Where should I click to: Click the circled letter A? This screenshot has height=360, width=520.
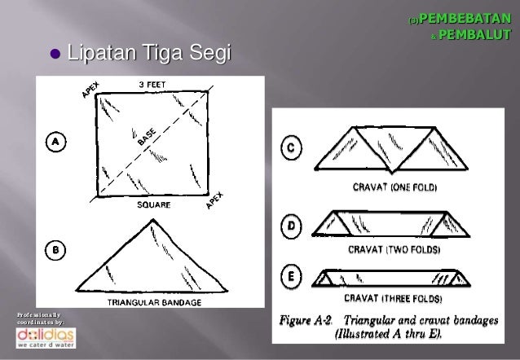point(55,142)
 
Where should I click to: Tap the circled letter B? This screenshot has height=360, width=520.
point(55,250)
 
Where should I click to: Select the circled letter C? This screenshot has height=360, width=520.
point(291,147)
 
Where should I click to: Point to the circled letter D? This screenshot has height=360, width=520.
point(291,226)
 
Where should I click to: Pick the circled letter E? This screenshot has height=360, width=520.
point(291,276)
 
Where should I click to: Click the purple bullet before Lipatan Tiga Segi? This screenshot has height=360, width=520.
point(55,54)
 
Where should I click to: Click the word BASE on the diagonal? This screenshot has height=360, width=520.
point(147,137)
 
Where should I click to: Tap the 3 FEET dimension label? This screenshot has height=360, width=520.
point(152,85)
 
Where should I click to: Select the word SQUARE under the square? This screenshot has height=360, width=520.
point(154,205)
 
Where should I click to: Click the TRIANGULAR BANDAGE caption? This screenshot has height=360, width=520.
point(154,302)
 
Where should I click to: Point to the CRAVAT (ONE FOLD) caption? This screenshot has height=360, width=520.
point(394,187)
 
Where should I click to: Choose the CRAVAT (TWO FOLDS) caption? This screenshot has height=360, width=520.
point(394,249)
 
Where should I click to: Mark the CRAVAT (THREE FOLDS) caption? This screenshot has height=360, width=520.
point(393,298)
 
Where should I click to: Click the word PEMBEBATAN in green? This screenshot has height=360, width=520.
point(465,19)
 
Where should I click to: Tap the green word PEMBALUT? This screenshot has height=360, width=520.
point(474,34)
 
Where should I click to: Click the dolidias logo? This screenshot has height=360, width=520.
point(46,338)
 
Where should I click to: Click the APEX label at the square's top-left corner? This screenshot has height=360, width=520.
point(90,90)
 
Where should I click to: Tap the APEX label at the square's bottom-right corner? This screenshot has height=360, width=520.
point(215,200)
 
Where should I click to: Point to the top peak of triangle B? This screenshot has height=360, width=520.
point(153,219)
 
